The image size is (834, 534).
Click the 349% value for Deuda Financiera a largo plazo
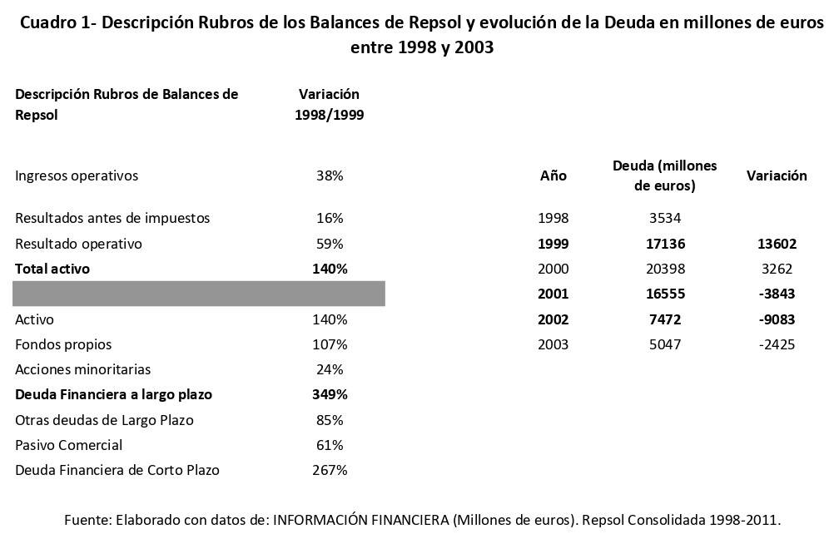click(x=330, y=394)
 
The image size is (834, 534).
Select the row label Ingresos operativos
click(x=77, y=176)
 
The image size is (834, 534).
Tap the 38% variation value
click(x=330, y=176)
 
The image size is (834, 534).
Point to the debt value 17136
click(x=664, y=244)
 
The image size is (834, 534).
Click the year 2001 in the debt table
click(x=554, y=294)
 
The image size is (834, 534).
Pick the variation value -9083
click(x=776, y=319)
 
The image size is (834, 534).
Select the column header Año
click(x=554, y=176)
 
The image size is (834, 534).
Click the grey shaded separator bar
click(x=198, y=294)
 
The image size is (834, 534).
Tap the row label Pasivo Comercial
click(x=68, y=445)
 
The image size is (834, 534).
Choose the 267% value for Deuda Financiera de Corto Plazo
click(x=330, y=470)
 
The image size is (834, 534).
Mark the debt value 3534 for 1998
click(x=664, y=218)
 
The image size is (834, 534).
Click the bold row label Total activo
click(x=52, y=269)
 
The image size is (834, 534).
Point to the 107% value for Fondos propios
click(x=330, y=344)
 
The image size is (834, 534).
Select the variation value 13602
click(x=776, y=244)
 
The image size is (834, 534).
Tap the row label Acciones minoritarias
click(x=83, y=369)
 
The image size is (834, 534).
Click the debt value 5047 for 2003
click(x=664, y=344)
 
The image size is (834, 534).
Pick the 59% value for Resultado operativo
click(x=330, y=244)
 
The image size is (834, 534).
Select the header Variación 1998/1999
click(x=330, y=105)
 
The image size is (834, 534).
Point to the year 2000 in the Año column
click(x=554, y=269)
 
